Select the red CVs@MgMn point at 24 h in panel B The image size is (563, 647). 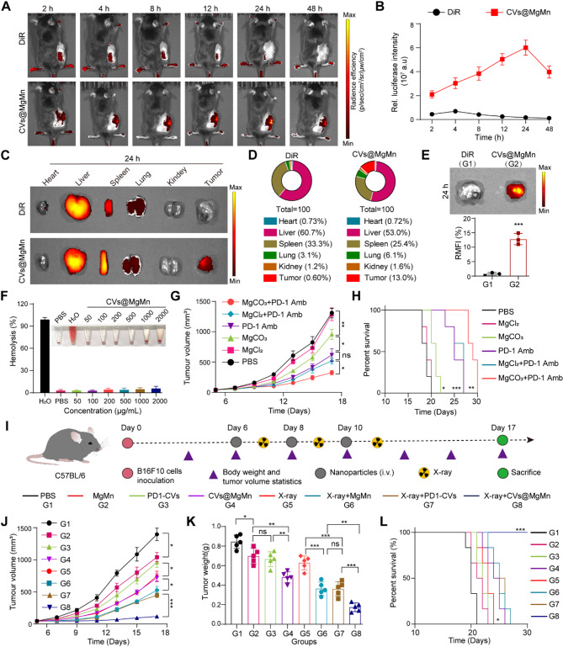tap(503, 48)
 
